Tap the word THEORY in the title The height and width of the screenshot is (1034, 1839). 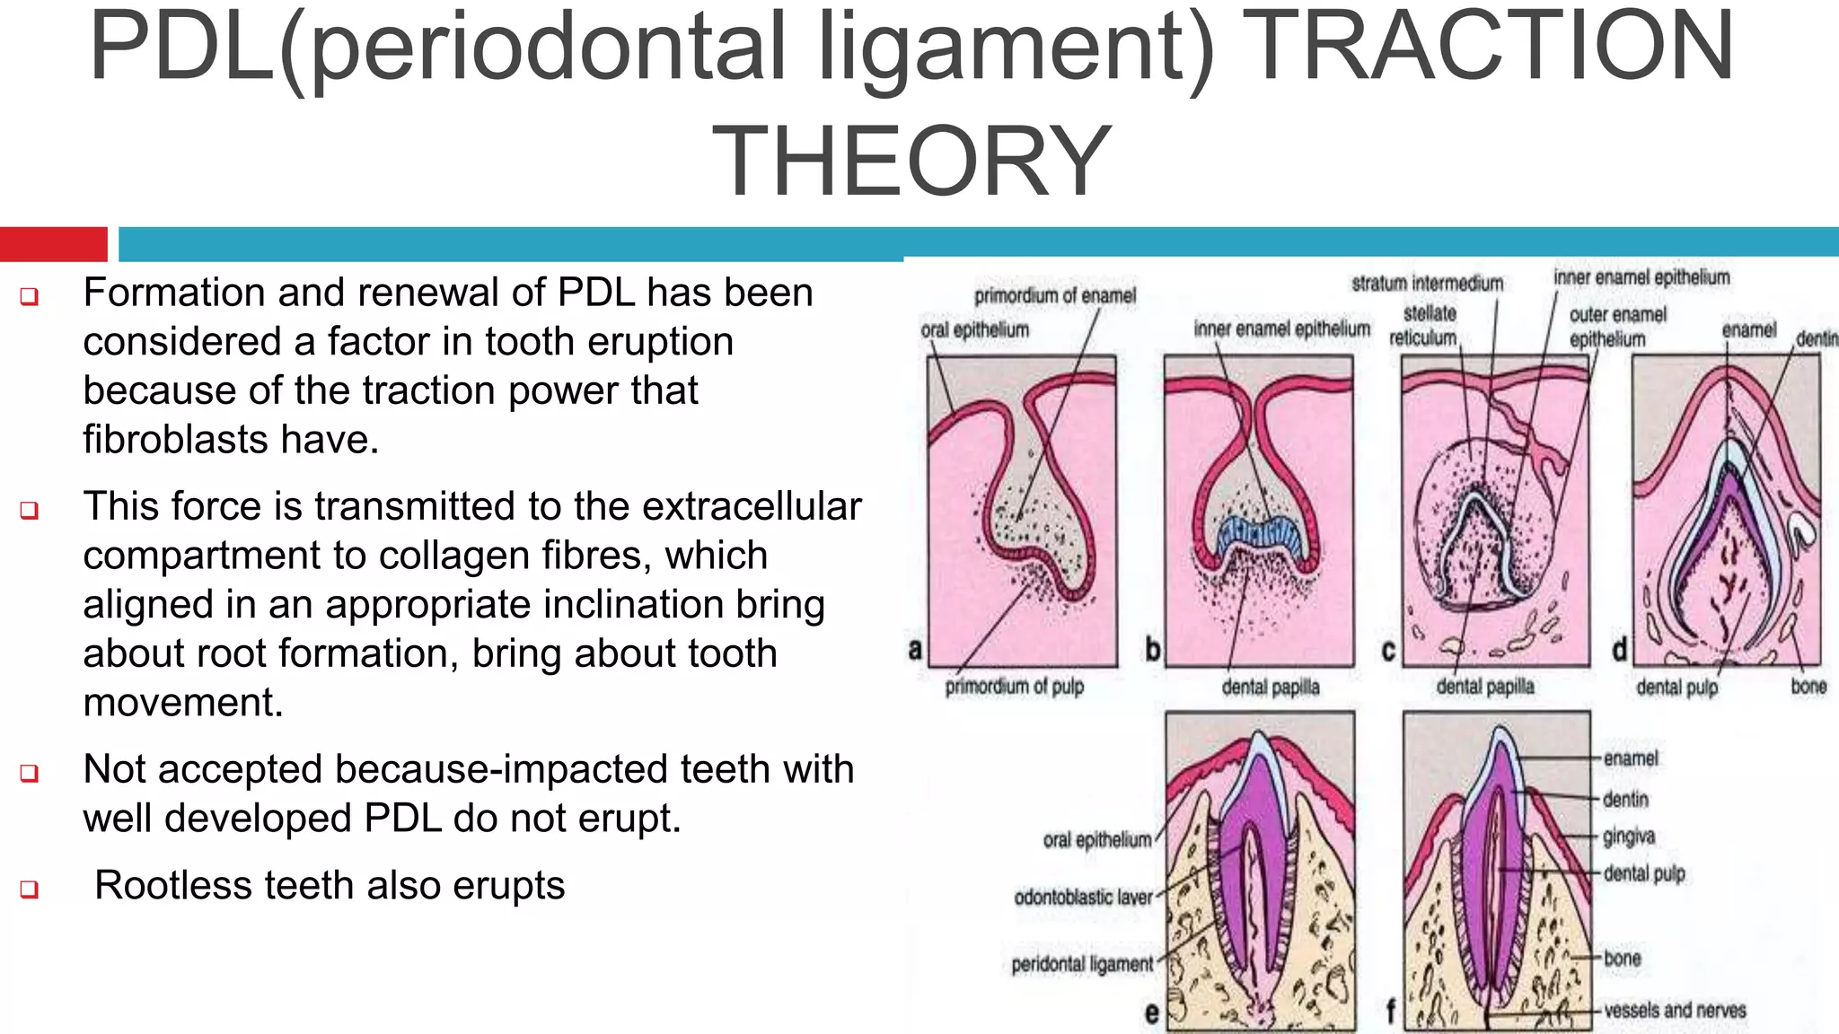[x=911, y=162]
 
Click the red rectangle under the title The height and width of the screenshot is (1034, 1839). [x=53, y=244]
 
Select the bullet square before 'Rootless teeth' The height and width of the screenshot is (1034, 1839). [x=29, y=889]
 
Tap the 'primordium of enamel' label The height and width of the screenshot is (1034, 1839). [x=1054, y=295]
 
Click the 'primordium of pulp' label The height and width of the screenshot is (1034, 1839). [x=1014, y=687]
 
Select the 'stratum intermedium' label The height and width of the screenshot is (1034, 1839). [x=1427, y=284]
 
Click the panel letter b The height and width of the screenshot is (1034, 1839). [x=1153, y=649]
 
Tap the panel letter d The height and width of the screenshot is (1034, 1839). [x=1619, y=649]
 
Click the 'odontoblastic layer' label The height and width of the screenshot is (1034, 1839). [x=1082, y=898]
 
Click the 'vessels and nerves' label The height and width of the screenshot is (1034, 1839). [x=1675, y=1010]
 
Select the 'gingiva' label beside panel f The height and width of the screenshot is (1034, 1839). [x=1628, y=837]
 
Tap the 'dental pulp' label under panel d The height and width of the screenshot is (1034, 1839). [x=1676, y=688]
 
